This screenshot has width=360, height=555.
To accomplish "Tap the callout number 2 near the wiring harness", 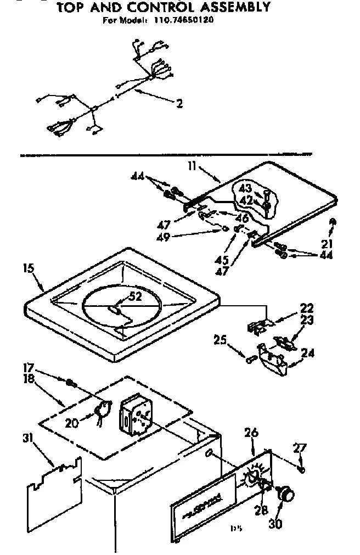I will click(x=180, y=103).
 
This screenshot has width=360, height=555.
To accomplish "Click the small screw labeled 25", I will click(x=251, y=360).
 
